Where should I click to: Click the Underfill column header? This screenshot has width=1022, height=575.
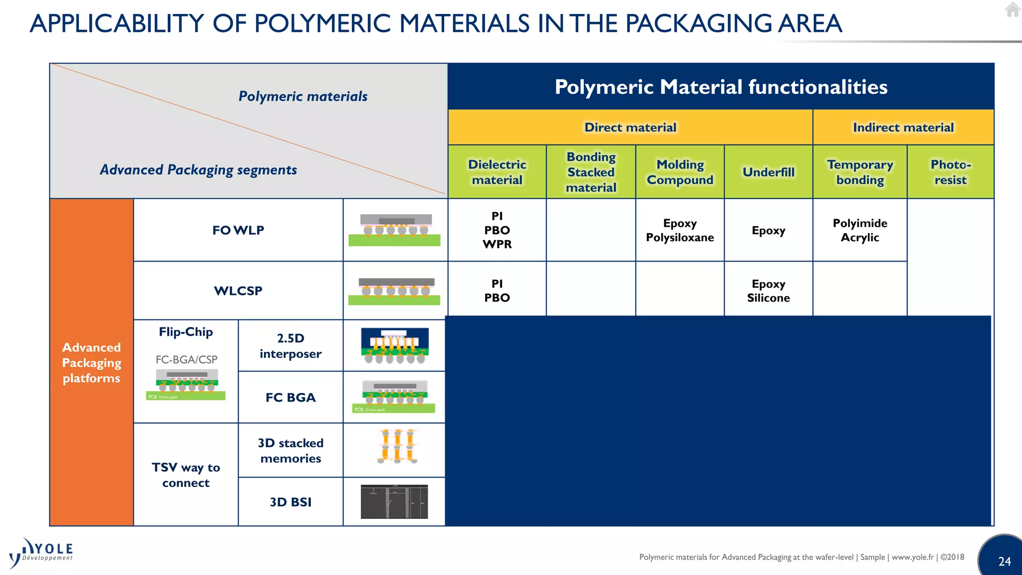click(x=768, y=172)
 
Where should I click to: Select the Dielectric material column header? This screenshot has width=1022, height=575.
click(x=497, y=172)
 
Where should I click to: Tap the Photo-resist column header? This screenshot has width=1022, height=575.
click(x=950, y=172)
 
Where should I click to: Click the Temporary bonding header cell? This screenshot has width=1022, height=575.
click(x=860, y=172)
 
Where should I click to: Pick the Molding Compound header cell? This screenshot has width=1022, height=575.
click(x=680, y=172)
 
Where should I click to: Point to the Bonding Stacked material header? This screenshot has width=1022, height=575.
click(x=591, y=172)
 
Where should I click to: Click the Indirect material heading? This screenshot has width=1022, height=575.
click(x=903, y=127)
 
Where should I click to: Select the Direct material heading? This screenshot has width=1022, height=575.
click(x=630, y=127)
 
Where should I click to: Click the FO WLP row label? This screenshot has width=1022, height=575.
click(x=238, y=230)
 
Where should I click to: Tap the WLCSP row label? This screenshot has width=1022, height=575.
click(x=238, y=290)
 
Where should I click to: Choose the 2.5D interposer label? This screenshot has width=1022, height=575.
click(x=290, y=345)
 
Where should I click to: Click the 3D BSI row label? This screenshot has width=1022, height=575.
click(x=290, y=502)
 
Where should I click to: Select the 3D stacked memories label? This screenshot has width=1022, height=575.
click(x=290, y=450)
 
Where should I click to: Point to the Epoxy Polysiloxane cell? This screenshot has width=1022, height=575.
click(x=680, y=230)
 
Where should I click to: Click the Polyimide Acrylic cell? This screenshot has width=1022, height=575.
click(x=860, y=230)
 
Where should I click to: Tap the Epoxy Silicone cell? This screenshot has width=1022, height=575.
click(x=768, y=290)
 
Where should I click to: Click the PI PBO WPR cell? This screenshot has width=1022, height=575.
click(x=497, y=230)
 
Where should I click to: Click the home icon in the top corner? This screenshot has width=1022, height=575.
click(x=1013, y=9)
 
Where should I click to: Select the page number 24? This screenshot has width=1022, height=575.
click(x=1005, y=562)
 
